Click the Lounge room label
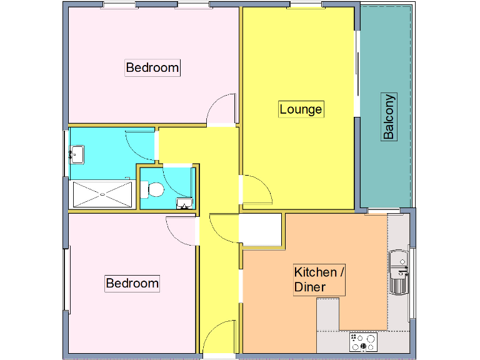click(301, 109)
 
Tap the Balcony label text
click(389, 117)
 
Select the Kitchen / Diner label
click(319, 280)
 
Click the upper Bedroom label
click(152, 67)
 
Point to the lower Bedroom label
click(132, 283)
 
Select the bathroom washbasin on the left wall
click(77, 152)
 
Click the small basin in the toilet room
click(184, 203)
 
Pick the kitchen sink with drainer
click(398, 272)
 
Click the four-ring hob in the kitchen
click(363, 342)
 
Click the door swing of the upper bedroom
click(221, 110)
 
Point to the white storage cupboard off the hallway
click(261, 229)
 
